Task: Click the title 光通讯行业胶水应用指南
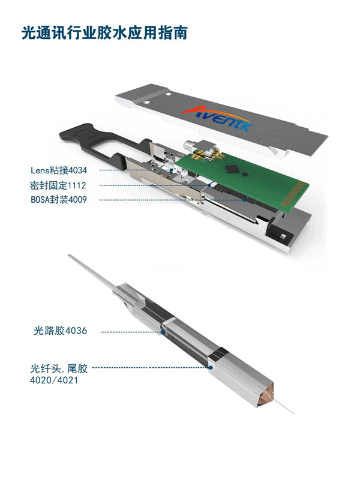[x=104, y=33]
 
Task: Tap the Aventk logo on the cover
[x=218, y=119]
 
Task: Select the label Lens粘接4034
[x=59, y=170]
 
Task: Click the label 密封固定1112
[x=58, y=185]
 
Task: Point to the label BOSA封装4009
[x=59, y=200]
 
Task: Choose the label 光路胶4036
[x=61, y=331]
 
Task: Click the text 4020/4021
[x=54, y=380]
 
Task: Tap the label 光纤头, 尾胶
[x=59, y=368]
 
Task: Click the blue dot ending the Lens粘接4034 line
[x=172, y=170]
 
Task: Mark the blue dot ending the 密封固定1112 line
[x=209, y=185]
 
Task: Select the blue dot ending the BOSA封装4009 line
[x=245, y=200]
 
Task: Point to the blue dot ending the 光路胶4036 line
[x=163, y=332]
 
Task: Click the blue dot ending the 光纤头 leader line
[x=211, y=367]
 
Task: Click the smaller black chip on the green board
[x=245, y=174]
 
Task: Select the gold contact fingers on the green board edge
[x=294, y=193]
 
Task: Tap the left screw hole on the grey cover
[x=146, y=102]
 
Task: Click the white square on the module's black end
[x=283, y=236]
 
